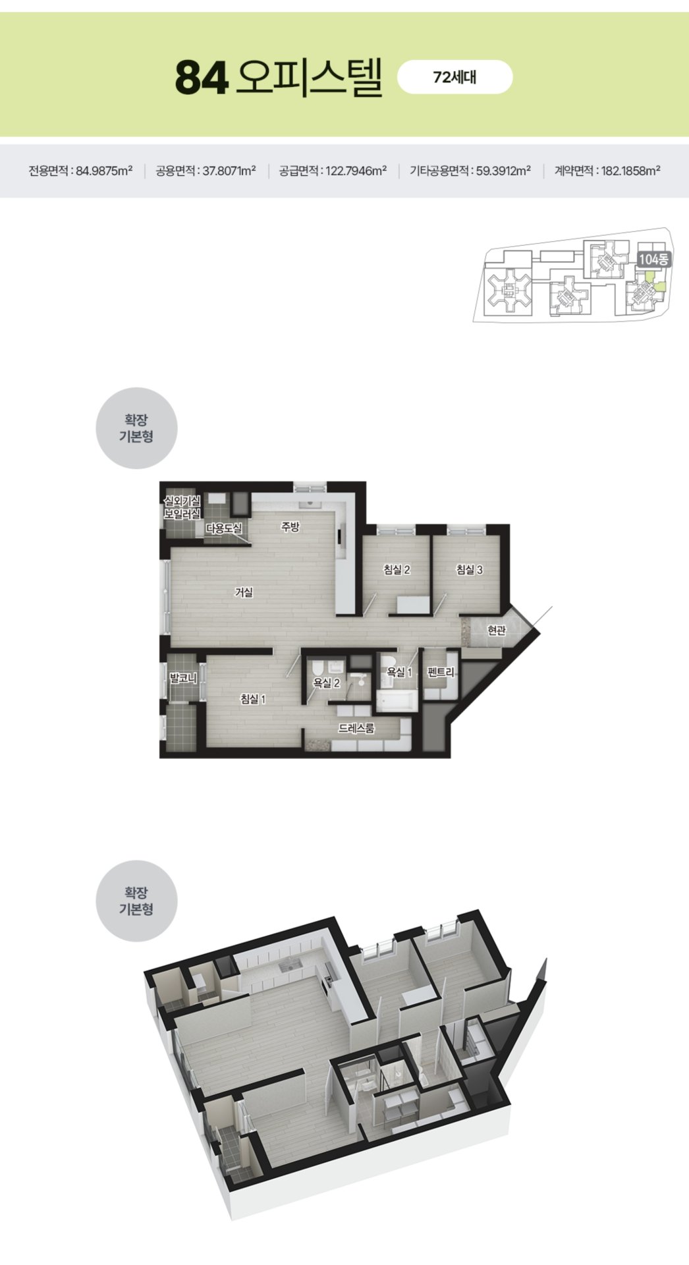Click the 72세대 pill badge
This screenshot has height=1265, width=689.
[455, 77]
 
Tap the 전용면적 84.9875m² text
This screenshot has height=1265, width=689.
[80, 171]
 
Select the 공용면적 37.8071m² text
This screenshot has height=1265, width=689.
[206, 171]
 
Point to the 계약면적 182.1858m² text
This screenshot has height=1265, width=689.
[607, 171]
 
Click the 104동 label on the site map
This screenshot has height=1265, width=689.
[653, 260]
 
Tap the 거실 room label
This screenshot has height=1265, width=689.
[244, 592]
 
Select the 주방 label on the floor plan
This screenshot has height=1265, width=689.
[290, 526]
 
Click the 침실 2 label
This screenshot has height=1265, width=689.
[397, 569]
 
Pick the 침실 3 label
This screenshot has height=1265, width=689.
[469, 569]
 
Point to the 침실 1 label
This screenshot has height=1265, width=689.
[252, 699]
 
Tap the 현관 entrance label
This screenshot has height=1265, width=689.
[497, 631]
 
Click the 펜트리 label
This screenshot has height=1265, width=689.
[441, 672]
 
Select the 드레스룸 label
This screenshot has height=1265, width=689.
[356, 728]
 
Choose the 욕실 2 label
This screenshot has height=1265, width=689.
[326, 683]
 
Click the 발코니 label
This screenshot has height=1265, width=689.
[183, 677]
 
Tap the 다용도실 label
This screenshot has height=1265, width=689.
[224, 528]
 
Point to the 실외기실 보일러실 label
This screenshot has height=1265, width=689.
[182, 508]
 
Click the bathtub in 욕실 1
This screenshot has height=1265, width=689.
[397, 700]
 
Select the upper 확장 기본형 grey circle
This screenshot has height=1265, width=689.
[136, 428]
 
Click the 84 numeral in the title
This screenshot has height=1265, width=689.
[202, 78]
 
